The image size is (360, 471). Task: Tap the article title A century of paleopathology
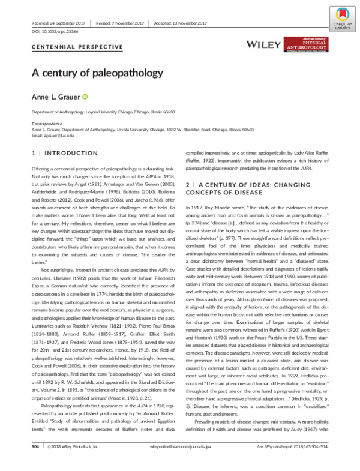click(97, 73)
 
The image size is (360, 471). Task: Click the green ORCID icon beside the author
click(85, 97)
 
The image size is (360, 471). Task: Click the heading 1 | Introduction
click(64, 154)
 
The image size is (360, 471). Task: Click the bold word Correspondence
click(46, 124)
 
